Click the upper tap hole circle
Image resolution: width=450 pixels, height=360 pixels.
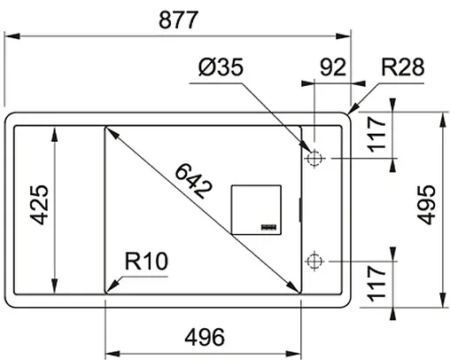tap(313, 159)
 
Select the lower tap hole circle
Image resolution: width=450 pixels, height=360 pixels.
tap(313, 261)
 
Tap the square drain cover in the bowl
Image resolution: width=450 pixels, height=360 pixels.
tap(256, 210)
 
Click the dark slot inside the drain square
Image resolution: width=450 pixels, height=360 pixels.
tap(268, 228)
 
